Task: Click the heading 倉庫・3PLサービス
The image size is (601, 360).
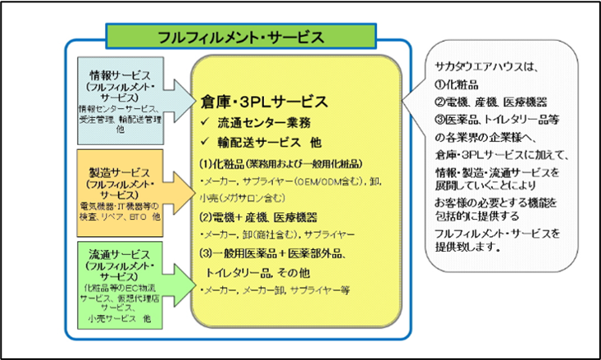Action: [264, 102]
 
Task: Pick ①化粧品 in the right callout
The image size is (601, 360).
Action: [454, 86]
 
